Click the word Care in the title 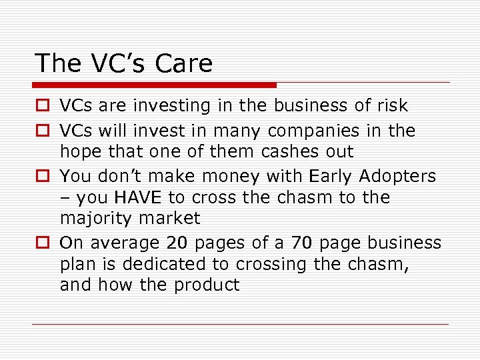click(x=184, y=63)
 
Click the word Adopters click(x=398, y=176)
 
